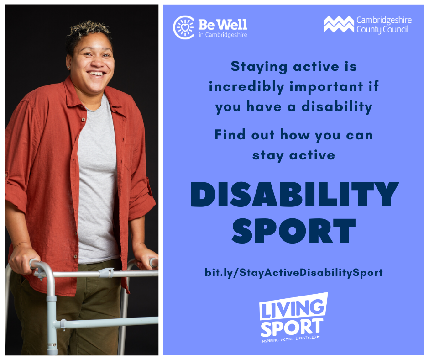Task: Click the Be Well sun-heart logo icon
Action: [x=184, y=27]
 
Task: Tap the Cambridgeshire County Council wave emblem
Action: [x=338, y=24]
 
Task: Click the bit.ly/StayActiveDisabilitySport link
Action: [x=293, y=273]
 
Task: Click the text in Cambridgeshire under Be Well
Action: [x=223, y=35]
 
